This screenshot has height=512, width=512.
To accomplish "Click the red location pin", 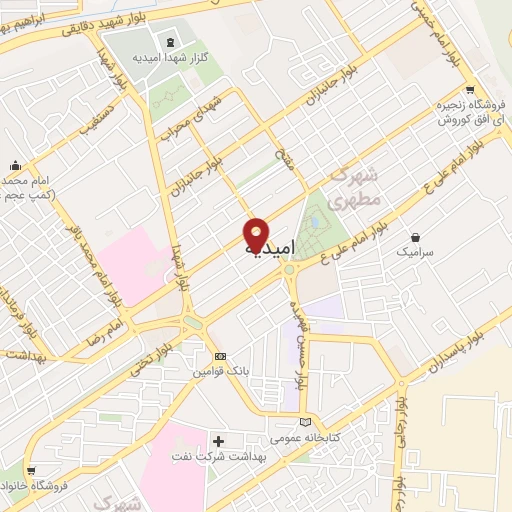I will coord(256,233).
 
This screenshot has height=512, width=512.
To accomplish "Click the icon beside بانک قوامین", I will coord(220,356).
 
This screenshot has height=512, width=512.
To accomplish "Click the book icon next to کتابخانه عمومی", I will coord(306,422).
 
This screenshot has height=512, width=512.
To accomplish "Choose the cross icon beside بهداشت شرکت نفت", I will coord(220,440).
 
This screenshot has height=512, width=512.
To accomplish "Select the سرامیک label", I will coord(415,254).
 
